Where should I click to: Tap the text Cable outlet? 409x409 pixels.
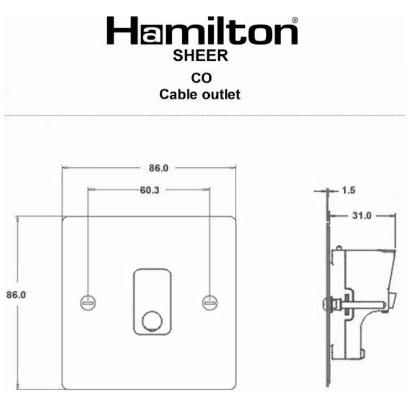(x=200, y=95)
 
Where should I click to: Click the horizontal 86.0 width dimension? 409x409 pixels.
(x=158, y=168)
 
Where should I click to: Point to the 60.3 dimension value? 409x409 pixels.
(x=149, y=190)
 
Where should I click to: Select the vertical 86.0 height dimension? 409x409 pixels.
(x=16, y=294)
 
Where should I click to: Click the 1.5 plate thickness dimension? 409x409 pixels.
(x=348, y=190)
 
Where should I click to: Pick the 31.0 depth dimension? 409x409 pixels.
(x=362, y=216)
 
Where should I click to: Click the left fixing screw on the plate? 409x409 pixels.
(x=87, y=302)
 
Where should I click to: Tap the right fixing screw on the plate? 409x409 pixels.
(x=209, y=302)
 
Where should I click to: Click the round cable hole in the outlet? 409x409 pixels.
(x=149, y=322)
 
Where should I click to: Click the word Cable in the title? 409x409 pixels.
(x=178, y=95)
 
